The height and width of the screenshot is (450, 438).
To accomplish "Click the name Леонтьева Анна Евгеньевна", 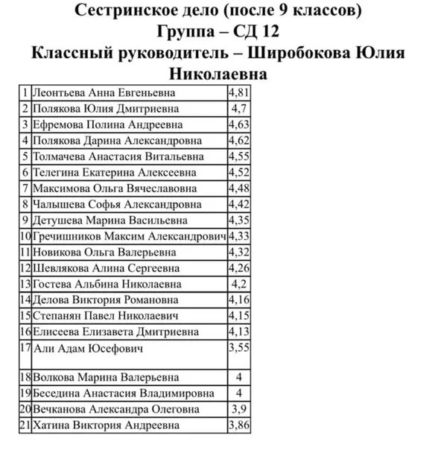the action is [104, 93].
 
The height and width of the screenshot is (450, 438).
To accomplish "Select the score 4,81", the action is [238, 93].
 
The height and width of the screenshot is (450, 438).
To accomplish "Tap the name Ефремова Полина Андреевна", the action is [107, 125].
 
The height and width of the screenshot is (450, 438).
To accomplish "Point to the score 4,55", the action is [238, 156].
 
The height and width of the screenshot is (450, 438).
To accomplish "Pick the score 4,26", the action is [238, 267].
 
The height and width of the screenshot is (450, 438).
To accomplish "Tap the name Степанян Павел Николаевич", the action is [105, 316].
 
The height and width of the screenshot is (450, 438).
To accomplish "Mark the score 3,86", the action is [238, 425].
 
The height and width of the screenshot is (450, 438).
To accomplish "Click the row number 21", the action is [25, 425].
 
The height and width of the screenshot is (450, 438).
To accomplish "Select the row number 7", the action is [26, 188].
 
